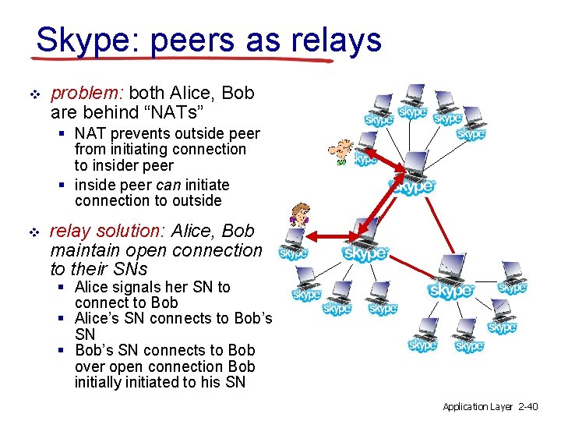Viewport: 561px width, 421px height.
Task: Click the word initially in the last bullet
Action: point(109,382)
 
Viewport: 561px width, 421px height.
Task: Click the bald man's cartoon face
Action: point(341,150)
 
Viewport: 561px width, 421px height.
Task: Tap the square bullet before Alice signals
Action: point(64,288)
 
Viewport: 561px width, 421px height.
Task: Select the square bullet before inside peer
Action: point(64,186)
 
